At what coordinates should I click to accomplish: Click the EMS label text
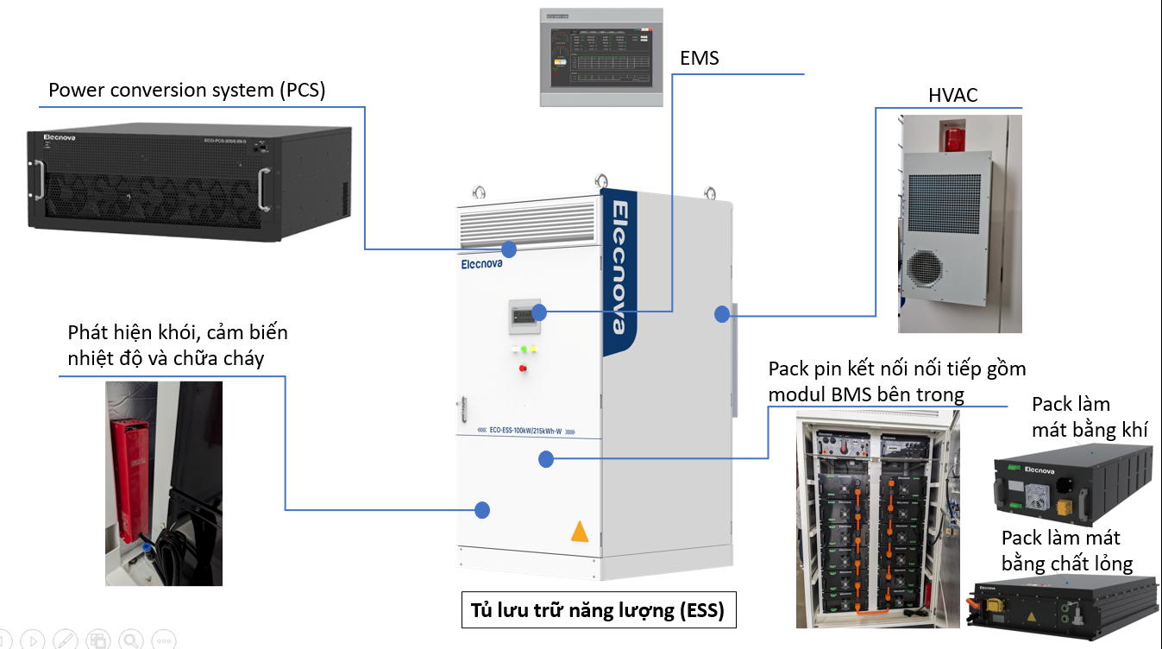699,59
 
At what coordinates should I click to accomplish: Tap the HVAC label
952,95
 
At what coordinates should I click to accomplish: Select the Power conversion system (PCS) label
186,91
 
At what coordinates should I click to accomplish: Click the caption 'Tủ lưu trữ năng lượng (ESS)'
598,611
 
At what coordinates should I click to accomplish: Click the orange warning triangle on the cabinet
580,532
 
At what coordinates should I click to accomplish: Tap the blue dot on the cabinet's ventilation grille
509,249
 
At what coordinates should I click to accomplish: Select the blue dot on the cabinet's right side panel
721,315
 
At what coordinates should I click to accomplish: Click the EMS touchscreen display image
601,58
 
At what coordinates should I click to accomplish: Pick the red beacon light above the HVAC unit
952,137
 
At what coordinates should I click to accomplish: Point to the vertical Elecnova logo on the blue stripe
620,267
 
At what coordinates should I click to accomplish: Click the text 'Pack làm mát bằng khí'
1089,416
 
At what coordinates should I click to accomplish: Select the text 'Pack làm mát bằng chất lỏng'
1066,551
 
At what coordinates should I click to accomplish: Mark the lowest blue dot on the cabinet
482,509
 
